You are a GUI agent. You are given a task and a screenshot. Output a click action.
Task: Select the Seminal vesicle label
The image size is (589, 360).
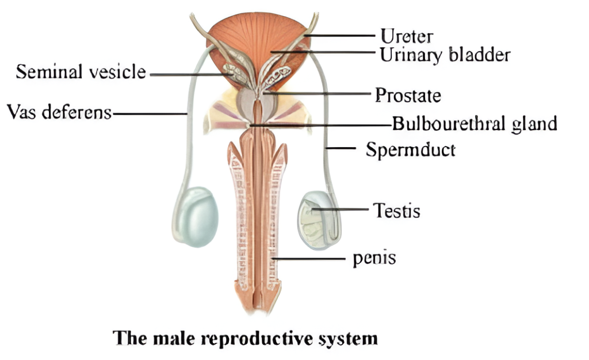(x=81, y=72)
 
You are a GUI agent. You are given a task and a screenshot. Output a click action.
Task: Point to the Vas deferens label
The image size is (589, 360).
(x=59, y=112)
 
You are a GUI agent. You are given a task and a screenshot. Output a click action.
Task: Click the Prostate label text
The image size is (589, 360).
(x=408, y=95)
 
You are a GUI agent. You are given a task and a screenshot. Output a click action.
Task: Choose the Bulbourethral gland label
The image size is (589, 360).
(x=475, y=124)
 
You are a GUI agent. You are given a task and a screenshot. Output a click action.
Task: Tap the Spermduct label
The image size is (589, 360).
(x=411, y=150)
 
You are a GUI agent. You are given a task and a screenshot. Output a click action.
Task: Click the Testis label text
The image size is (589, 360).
(x=396, y=210)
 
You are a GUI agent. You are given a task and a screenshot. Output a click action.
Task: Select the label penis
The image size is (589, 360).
(x=374, y=258)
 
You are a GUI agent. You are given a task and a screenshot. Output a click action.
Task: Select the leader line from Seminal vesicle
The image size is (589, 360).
(x=187, y=74)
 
